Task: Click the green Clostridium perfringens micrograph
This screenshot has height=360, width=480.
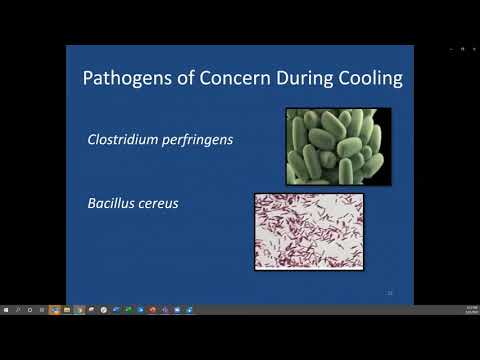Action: pos(338,147)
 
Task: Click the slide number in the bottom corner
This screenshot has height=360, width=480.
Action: pos(389,293)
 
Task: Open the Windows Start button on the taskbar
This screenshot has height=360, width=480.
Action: pos(5,309)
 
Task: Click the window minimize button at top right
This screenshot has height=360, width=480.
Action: pos(451,48)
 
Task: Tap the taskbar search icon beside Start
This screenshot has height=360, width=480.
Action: pos(17,309)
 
